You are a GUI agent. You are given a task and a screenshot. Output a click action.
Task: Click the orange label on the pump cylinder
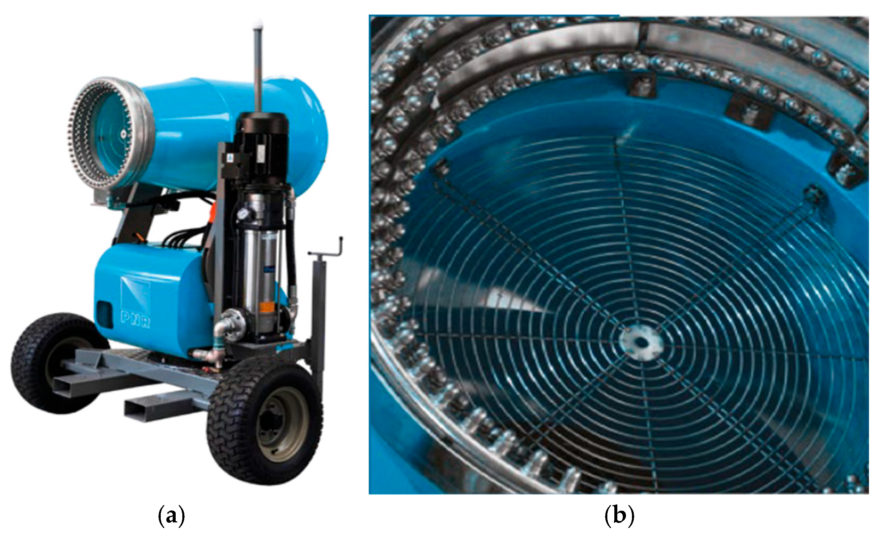point(267,307)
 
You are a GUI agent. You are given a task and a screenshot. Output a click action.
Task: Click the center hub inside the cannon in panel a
point(124,134)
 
